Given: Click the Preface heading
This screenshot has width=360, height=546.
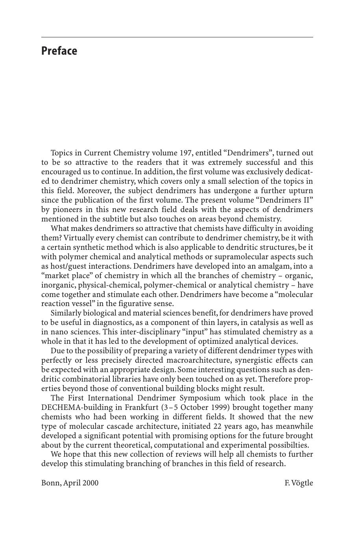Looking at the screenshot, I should (59, 51).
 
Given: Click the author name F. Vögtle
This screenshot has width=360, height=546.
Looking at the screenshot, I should (299, 483).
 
